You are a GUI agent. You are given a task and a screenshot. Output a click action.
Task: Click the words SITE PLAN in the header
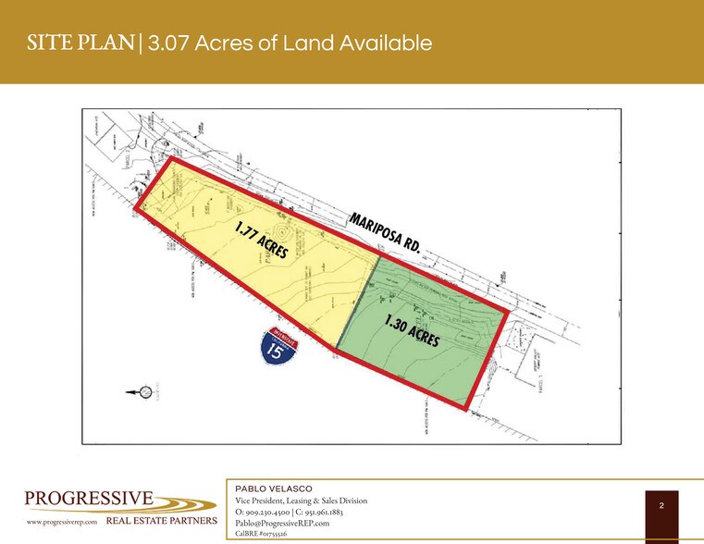pos(81,43)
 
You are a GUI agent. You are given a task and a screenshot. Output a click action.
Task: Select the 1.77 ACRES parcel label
pos(262,240)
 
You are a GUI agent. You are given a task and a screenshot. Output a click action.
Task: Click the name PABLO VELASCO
pos(274,488)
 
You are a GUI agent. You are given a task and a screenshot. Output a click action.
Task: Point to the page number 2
pos(661,505)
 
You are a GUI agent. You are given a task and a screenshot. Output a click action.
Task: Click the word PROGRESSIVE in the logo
pos(89,500)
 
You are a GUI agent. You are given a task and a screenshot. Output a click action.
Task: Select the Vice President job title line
pos(302,501)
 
